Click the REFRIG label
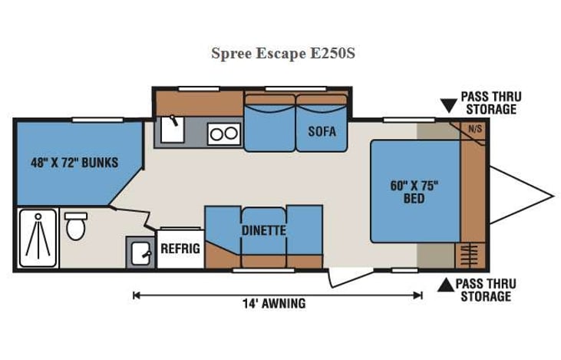click(x=180, y=249)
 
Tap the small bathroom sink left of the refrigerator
click(x=140, y=251)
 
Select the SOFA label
click(x=322, y=130)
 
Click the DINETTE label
click(x=263, y=230)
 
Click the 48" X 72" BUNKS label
click(x=74, y=163)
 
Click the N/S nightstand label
click(x=476, y=129)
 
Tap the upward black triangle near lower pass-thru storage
click(x=444, y=286)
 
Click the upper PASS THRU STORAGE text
click(x=491, y=103)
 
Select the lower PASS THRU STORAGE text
click(x=487, y=289)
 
